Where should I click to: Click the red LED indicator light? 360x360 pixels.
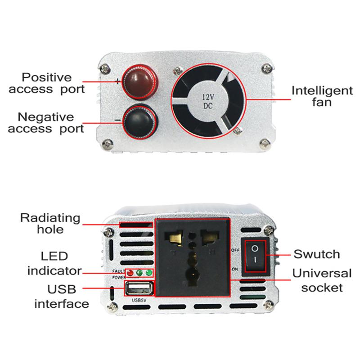[x=131, y=273]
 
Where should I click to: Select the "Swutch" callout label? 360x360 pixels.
[x=316, y=254]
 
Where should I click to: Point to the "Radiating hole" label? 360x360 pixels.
[x=50, y=224]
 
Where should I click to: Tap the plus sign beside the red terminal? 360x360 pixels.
[x=117, y=82]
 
